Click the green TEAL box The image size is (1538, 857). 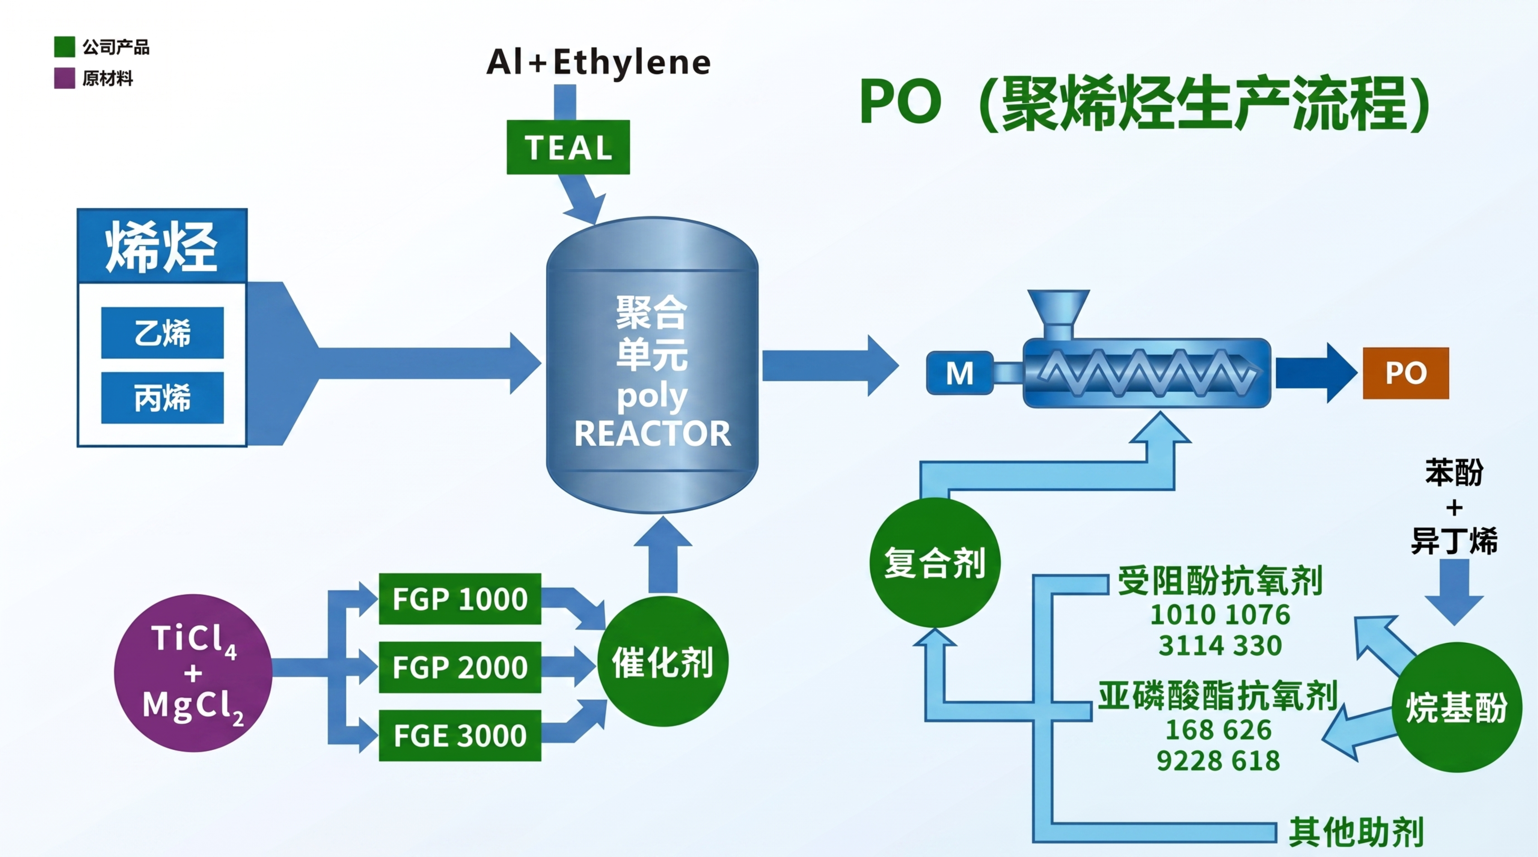point(568,147)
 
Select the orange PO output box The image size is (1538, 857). point(1405,373)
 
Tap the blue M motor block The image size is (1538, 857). point(959,373)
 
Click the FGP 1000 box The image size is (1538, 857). point(460,598)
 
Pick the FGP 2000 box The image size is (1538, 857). point(460,667)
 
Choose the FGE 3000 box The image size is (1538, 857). point(460,735)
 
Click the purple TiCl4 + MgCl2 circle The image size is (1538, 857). point(193,673)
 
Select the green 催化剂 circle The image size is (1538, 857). point(663,661)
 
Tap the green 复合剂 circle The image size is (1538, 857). point(935,562)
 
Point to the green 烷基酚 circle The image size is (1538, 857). point(1457,707)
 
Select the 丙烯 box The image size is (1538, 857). point(162,397)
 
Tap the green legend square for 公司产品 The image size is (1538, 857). point(65,47)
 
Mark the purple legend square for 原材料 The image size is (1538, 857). point(65,78)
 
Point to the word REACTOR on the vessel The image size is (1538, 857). point(652,434)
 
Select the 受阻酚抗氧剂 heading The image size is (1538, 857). point(1220,581)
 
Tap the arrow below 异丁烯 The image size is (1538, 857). point(1454,591)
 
